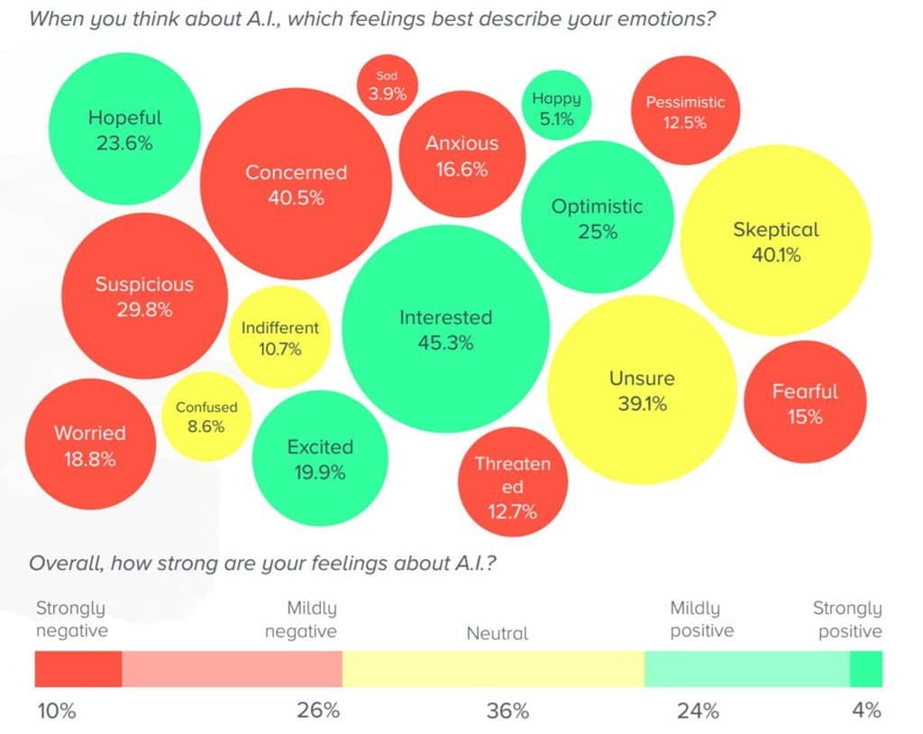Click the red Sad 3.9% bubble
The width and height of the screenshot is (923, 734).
(387, 85)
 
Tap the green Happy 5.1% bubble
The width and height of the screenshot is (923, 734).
(556, 108)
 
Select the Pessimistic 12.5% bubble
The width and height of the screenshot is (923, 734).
(685, 112)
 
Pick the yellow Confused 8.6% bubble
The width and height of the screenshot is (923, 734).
(206, 417)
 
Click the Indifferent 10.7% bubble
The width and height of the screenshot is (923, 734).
(279, 337)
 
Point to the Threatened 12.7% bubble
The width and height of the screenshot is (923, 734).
(512, 487)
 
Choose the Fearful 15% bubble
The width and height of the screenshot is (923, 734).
(804, 403)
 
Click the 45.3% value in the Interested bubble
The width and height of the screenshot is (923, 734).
(445, 344)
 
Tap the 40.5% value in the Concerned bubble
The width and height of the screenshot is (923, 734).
(296, 198)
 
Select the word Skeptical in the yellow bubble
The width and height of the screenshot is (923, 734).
(775, 229)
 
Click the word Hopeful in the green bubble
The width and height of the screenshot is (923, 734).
(125, 117)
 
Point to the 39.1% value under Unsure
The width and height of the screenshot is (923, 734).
(642, 404)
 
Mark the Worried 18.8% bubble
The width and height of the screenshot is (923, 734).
(89, 445)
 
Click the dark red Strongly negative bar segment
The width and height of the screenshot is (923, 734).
(78, 669)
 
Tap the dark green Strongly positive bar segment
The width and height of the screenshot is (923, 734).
(866, 669)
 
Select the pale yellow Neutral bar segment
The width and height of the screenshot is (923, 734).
(493, 669)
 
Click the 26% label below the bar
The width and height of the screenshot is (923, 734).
(318, 711)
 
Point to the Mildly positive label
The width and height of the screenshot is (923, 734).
(702, 619)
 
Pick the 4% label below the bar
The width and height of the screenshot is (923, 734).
(866, 711)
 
